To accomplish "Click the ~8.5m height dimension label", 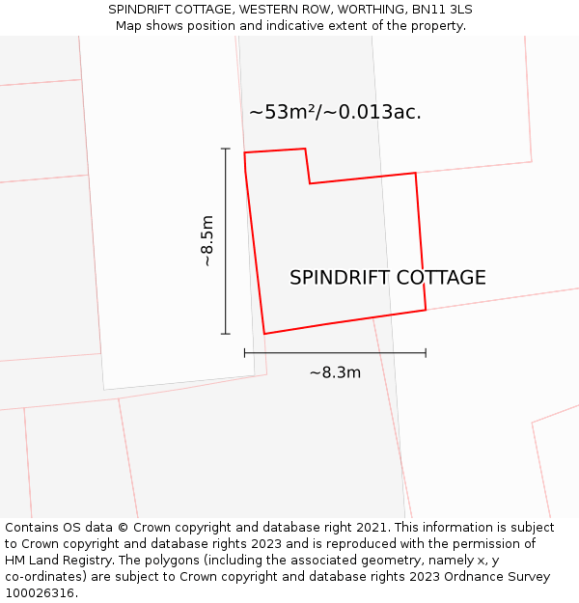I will pyautogui.click(x=207, y=241).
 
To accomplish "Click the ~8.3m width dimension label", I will pyautogui.click(x=335, y=372).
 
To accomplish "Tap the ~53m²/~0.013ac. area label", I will pyautogui.click(x=335, y=112).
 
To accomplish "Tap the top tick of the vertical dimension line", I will pyautogui.click(x=226, y=149).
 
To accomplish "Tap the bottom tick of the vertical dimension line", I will pyautogui.click(x=226, y=334).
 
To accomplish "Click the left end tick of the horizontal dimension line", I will pyautogui.click(x=245, y=353).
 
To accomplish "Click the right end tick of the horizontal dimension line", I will pyautogui.click(x=426, y=353).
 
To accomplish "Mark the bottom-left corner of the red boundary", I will pyautogui.click(x=264, y=334).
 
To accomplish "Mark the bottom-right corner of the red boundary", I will pyautogui.click(x=426, y=310).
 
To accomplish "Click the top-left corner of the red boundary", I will pyautogui.click(x=244, y=152).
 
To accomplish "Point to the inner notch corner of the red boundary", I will pyautogui.click(x=310, y=183).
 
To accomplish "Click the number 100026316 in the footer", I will pyautogui.click(x=39, y=593).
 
